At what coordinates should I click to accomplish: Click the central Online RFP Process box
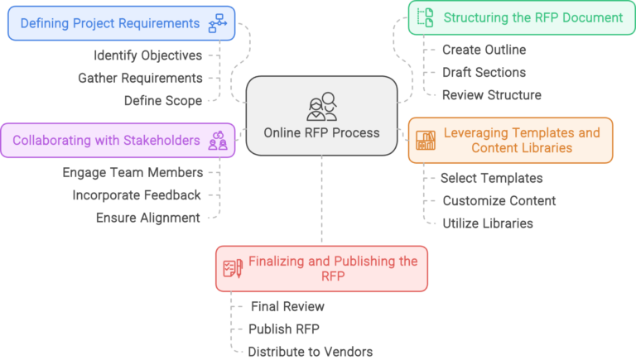point(321,116)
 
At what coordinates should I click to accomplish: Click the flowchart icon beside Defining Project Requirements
point(218,23)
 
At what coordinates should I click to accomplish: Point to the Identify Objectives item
point(147,55)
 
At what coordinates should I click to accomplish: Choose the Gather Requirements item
point(140,78)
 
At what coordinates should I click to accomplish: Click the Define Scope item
point(163,100)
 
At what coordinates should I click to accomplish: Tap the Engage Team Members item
point(132,173)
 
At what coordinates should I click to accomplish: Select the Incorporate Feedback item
point(136,195)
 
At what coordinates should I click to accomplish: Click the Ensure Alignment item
point(148,218)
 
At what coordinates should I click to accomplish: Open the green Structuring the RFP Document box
point(521,17)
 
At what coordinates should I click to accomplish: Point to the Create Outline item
point(484,50)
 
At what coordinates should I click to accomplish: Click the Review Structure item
point(492,94)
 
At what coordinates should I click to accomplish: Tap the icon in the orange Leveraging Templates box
point(426,140)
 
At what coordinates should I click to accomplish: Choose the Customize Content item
point(499,200)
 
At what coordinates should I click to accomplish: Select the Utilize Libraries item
point(486,223)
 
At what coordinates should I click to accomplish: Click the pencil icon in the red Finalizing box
point(233,268)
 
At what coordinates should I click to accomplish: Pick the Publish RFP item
point(283,329)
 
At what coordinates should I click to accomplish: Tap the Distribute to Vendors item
point(311,351)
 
